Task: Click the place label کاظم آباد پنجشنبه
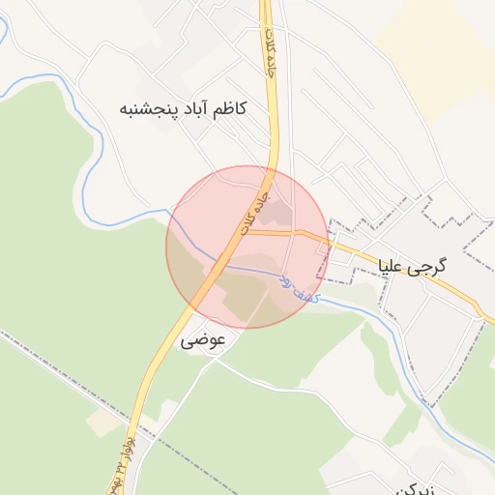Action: (182, 108)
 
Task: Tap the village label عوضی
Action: (203, 340)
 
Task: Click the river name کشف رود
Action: (299, 283)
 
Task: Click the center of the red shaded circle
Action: (247, 247)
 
